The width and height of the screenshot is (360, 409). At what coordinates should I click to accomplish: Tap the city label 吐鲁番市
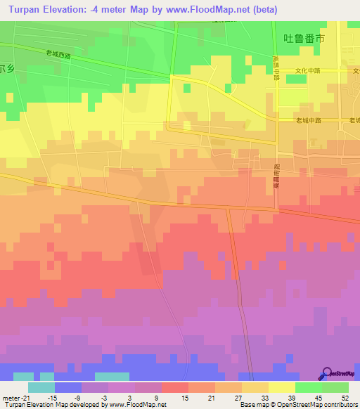pyautogui.click(x=303, y=40)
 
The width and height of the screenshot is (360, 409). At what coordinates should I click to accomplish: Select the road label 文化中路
pyautogui.click(x=307, y=71)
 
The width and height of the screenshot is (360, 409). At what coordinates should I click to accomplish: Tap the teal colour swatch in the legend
pyautogui.click(x=41, y=387)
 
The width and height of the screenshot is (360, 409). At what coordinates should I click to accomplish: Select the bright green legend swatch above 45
pyautogui.click(x=309, y=387)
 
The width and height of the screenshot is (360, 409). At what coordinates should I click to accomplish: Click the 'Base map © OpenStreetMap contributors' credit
pyautogui.click(x=296, y=405)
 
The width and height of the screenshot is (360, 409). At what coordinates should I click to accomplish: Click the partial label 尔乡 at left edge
pyautogui.click(x=7, y=69)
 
